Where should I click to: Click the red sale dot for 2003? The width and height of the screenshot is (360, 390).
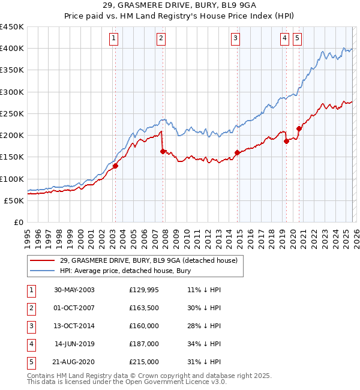115,166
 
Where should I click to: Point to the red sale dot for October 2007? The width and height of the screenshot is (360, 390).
163,152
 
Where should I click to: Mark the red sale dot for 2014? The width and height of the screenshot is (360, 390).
237,153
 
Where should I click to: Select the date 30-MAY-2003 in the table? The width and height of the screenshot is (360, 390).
74,290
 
